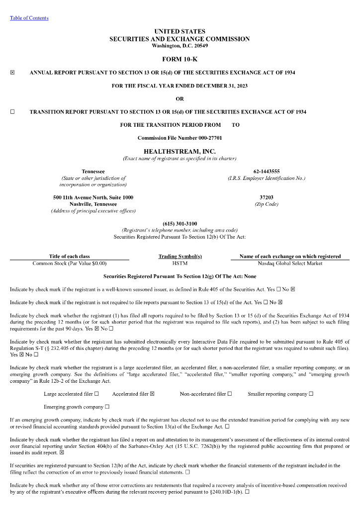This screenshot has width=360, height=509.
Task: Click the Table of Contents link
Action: pyautogui.click(x=29, y=18)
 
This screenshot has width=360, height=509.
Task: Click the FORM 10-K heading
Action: pyautogui.click(x=180, y=60)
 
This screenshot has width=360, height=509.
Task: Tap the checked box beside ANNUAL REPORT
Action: pyautogui.click(x=12, y=73)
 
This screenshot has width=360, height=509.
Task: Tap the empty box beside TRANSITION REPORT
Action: pyautogui.click(x=12, y=112)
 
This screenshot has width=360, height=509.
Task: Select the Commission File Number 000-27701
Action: pyautogui.click(x=180, y=138)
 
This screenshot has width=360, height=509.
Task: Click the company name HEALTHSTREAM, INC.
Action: pyautogui.click(x=180, y=151)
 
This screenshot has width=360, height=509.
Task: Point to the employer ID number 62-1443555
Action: pyautogui.click(x=267, y=171)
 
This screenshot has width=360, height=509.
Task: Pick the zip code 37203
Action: pyautogui.click(x=267, y=197)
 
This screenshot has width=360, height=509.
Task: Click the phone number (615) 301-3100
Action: pyautogui.click(x=180, y=224)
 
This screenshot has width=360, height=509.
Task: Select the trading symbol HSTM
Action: pyautogui.click(x=180, y=263)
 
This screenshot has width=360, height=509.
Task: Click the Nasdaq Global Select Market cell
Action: pyautogui.click(x=290, y=263)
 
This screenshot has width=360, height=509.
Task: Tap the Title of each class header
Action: pyautogui.click(x=70, y=256)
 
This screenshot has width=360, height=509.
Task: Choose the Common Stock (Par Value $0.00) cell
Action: pyautogui.click(x=70, y=263)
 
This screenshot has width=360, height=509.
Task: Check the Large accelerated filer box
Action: pyautogui.click(x=96, y=394)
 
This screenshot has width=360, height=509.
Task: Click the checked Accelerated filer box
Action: pyautogui.click(x=152, y=394)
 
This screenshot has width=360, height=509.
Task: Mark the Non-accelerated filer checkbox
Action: pyautogui.click(x=230, y=394)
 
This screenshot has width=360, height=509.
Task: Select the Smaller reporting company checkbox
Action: pyautogui.click(x=311, y=394)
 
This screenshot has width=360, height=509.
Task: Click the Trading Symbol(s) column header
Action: pyautogui.click(x=180, y=256)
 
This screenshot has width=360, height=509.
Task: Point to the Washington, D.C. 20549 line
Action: pyautogui.click(x=180, y=46)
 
